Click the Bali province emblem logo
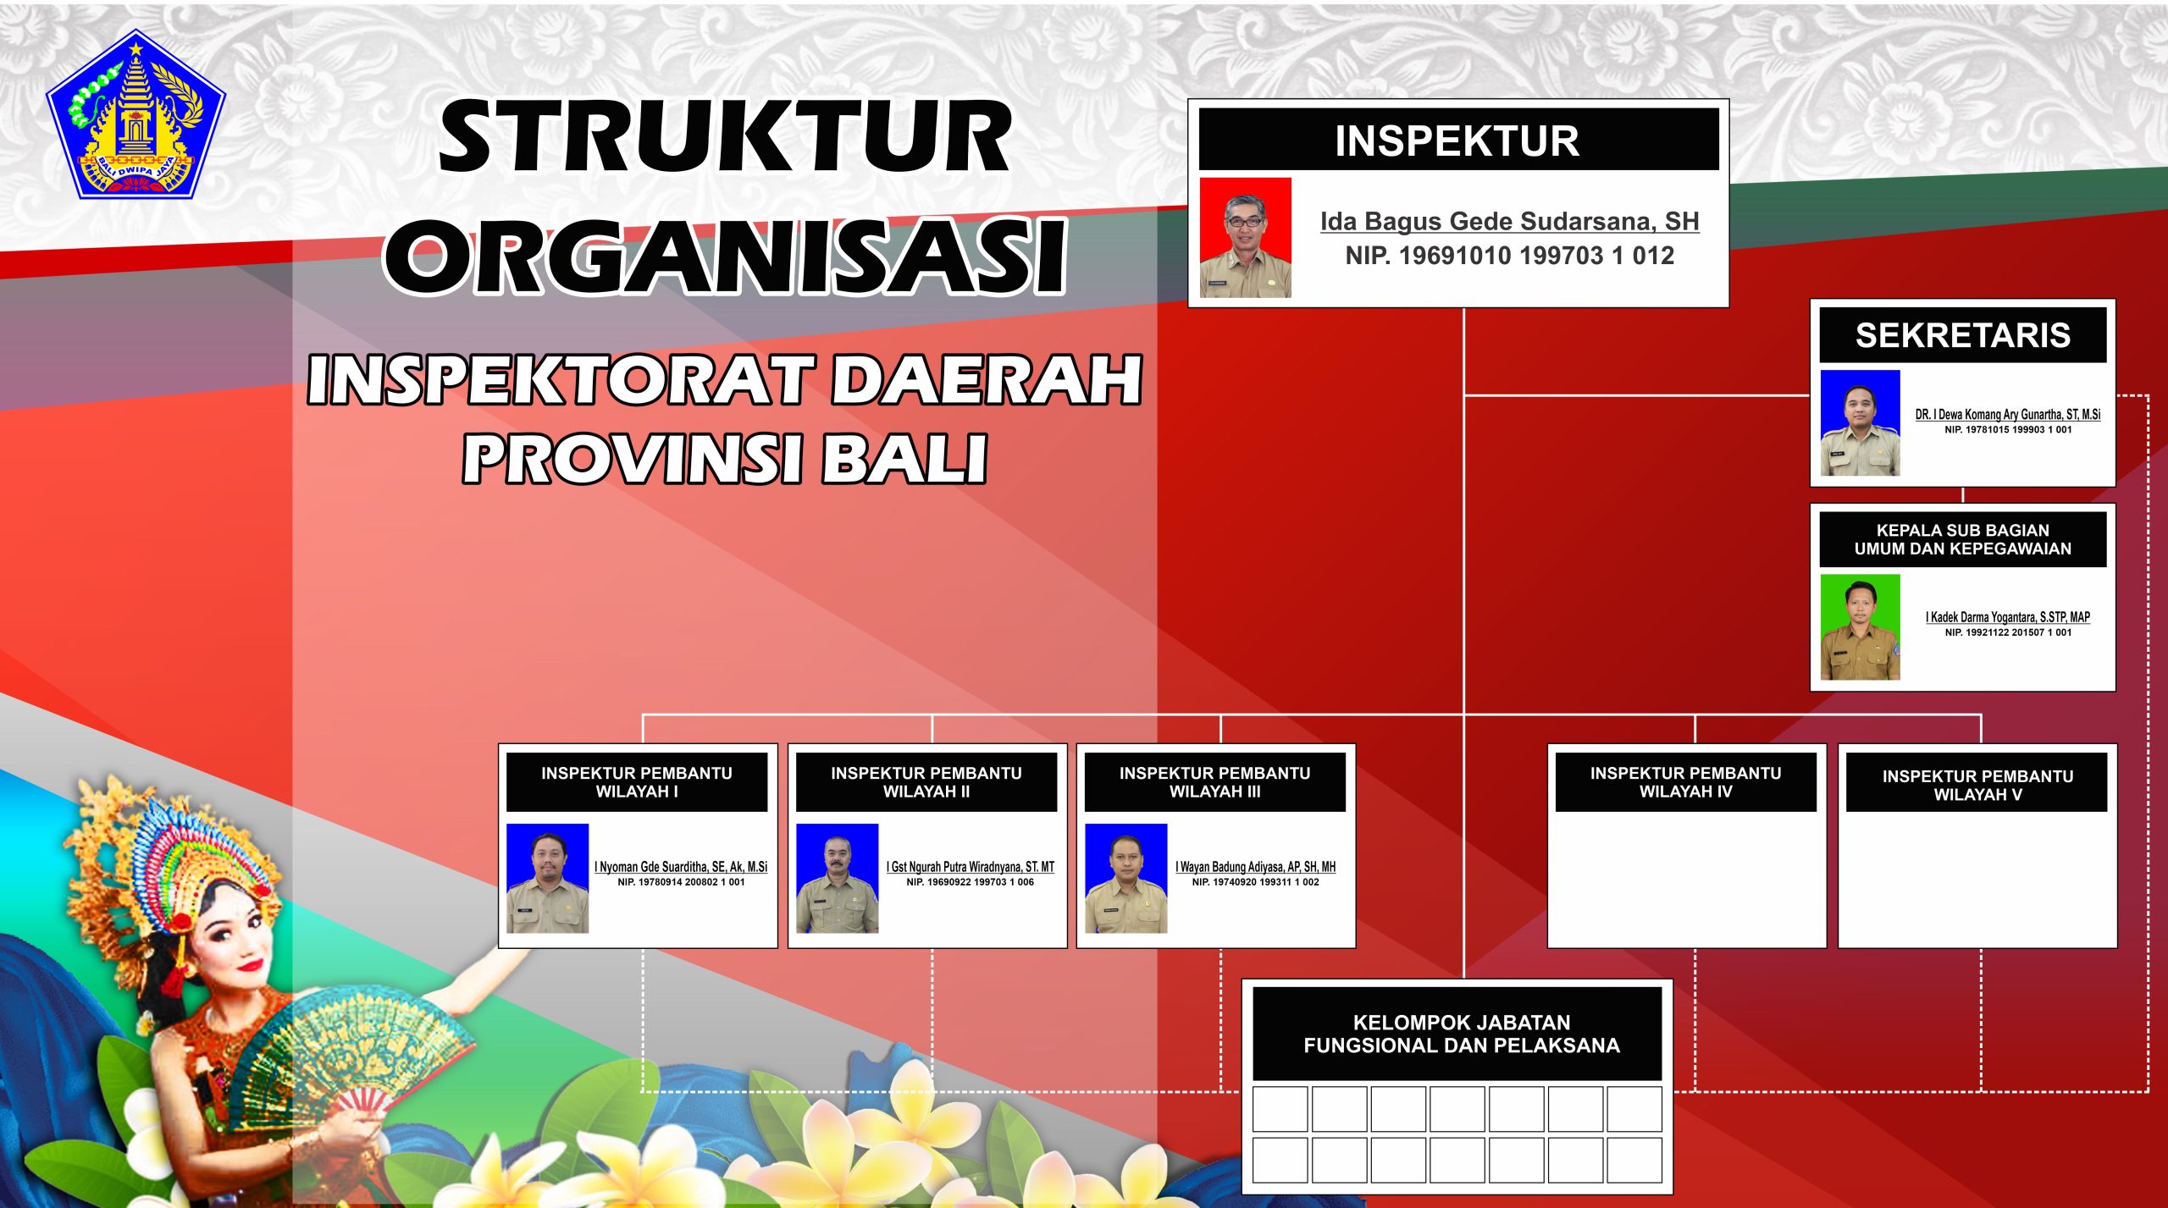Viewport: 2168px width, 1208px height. (135, 115)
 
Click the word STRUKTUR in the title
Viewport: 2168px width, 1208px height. (725, 136)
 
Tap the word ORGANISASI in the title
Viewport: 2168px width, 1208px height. (725, 256)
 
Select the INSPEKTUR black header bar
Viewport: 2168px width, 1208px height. (1458, 140)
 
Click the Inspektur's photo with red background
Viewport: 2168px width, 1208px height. (1245, 238)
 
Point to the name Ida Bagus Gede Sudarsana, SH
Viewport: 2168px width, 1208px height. (1510, 221)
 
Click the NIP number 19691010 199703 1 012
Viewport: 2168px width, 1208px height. (1510, 256)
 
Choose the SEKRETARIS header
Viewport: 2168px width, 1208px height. (1963, 335)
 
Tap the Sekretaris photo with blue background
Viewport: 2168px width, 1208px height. (1861, 423)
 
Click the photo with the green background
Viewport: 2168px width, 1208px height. (1861, 627)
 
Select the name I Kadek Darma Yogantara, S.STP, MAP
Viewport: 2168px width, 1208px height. (2008, 617)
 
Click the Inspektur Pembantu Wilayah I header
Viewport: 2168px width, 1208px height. (637, 782)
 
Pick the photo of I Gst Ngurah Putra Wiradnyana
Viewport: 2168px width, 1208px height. (837, 878)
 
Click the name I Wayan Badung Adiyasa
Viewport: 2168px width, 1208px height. (1255, 867)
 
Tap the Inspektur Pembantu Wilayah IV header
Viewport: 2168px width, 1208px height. (1686, 782)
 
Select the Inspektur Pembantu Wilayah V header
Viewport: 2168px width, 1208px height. (1977, 784)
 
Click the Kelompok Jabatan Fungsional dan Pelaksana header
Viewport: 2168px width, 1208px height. (1462, 1034)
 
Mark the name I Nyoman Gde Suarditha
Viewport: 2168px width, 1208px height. (681, 867)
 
